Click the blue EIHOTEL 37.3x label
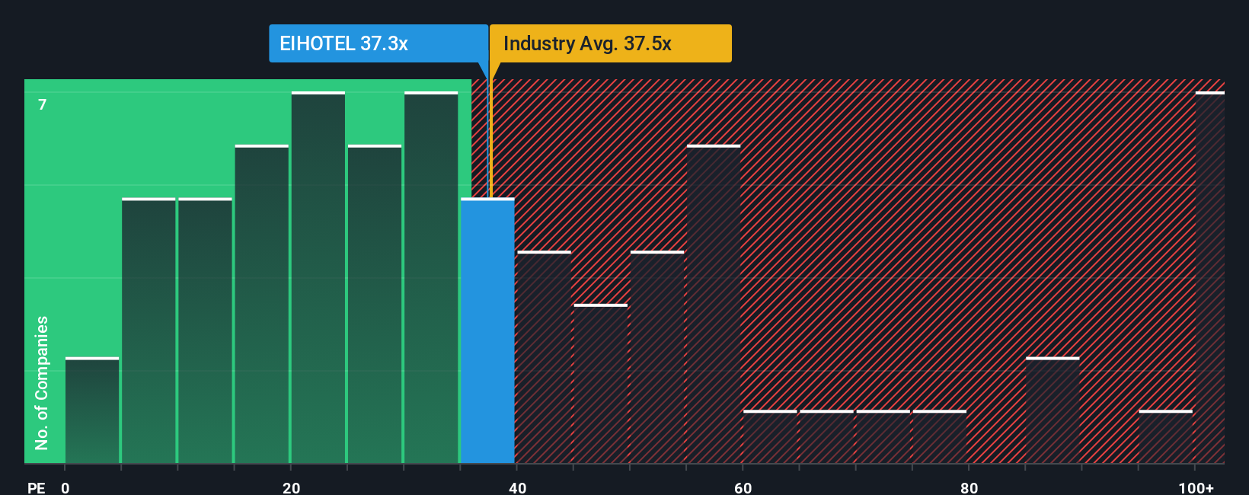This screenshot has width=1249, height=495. (x=378, y=43)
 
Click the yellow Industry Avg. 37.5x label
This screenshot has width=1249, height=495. (x=610, y=43)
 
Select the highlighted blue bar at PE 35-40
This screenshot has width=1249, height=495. (x=487, y=331)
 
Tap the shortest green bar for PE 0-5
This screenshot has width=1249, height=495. (x=92, y=410)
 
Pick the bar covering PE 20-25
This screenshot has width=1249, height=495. (x=318, y=278)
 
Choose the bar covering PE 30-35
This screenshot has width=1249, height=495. (x=431, y=278)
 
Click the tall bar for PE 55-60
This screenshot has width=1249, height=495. (x=714, y=305)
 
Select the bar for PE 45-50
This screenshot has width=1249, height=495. (x=601, y=384)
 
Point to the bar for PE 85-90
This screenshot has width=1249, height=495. (x=1053, y=410)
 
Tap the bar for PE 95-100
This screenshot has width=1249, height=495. (x=1166, y=437)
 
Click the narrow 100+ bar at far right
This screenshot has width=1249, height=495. (x=1209, y=278)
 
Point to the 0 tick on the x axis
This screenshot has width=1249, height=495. (x=65, y=488)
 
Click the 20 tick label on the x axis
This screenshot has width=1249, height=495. (x=291, y=488)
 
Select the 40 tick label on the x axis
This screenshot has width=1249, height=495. (x=517, y=488)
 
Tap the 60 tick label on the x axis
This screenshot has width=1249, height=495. (x=743, y=488)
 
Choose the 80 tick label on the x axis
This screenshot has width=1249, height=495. (x=969, y=488)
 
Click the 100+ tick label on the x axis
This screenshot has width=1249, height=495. (x=1196, y=488)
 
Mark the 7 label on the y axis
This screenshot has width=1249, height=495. (x=43, y=105)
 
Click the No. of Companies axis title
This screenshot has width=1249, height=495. (x=42, y=382)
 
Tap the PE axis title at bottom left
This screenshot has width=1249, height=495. (x=36, y=488)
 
